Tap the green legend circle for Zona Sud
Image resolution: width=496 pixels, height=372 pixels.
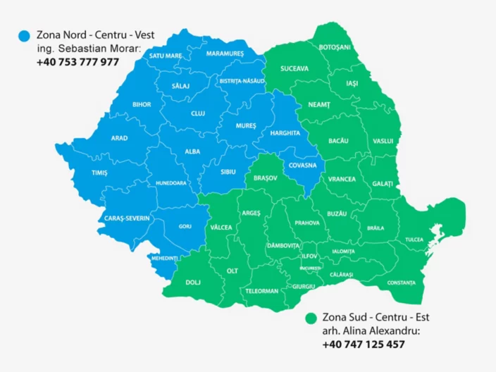[x=310, y=318]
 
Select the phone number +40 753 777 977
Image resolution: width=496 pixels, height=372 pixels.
[x=77, y=62]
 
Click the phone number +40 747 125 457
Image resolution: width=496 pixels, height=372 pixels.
[x=363, y=345]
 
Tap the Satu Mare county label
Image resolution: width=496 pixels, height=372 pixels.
[x=166, y=56]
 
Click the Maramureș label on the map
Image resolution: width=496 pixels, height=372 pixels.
[x=225, y=54]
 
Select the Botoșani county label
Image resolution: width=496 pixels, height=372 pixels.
[x=335, y=46]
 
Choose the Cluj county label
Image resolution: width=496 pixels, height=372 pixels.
[x=198, y=113]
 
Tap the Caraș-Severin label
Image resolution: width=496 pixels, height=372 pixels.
[x=127, y=218]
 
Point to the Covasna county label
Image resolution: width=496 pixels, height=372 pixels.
[x=302, y=167]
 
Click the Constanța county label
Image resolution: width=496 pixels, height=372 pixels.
[x=401, y=283]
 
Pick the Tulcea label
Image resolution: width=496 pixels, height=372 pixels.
[x=414, y=240]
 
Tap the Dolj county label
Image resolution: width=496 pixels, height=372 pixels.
[x=192, y=283]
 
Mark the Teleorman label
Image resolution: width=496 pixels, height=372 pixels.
[x=262, y=290]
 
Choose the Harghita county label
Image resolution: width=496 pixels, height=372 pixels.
[x=285, y=132]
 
